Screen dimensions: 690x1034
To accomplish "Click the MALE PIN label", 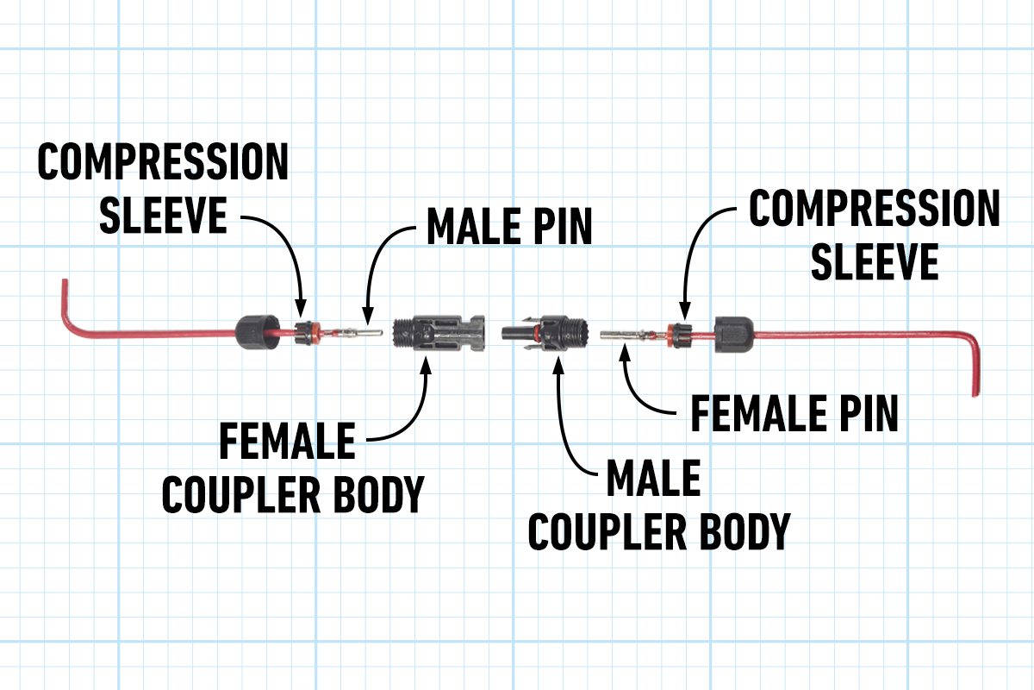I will coord(509,226).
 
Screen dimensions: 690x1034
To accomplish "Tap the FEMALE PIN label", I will coord(794,414).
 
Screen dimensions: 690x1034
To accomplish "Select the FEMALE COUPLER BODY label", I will coord(293,470).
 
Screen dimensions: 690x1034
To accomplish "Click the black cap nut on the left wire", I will coord(256,331).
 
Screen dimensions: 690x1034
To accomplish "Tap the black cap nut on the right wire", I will coord(734,332).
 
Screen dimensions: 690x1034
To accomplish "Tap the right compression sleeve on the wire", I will coord(680,333).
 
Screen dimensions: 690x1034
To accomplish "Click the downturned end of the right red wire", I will coord(975,379).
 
